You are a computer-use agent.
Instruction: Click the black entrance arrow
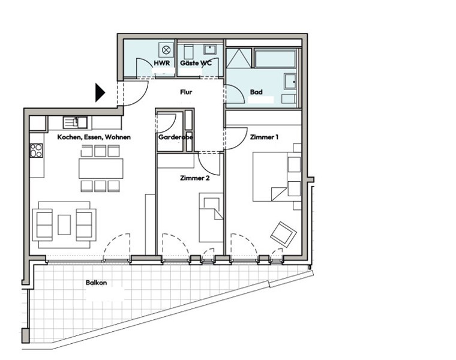[100, 93]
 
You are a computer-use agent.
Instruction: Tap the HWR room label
[161, 63]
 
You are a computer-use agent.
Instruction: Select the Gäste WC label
[196, 63]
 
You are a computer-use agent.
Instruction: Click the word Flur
[186, 92]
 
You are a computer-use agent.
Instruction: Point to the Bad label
[256, 92]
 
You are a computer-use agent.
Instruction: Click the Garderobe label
[176, 137]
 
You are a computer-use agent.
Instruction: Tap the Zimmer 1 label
[264, 137]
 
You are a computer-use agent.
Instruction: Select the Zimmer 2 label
[194, 178]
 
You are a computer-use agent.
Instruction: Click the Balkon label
[96, 283]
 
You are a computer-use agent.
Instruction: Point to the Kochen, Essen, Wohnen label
[94, 137]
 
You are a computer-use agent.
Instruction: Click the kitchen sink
[75, 122]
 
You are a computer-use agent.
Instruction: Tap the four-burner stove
[37, 151]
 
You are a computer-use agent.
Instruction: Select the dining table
[101, 169]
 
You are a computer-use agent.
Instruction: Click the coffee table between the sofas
[64, 225]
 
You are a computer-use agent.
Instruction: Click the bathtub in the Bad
[275, 58]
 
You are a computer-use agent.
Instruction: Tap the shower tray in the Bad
[239, 58]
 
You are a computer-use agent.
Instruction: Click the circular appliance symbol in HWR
[166, 50]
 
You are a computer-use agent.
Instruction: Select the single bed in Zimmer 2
[211, 218]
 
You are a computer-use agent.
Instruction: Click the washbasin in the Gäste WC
[209, 49]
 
